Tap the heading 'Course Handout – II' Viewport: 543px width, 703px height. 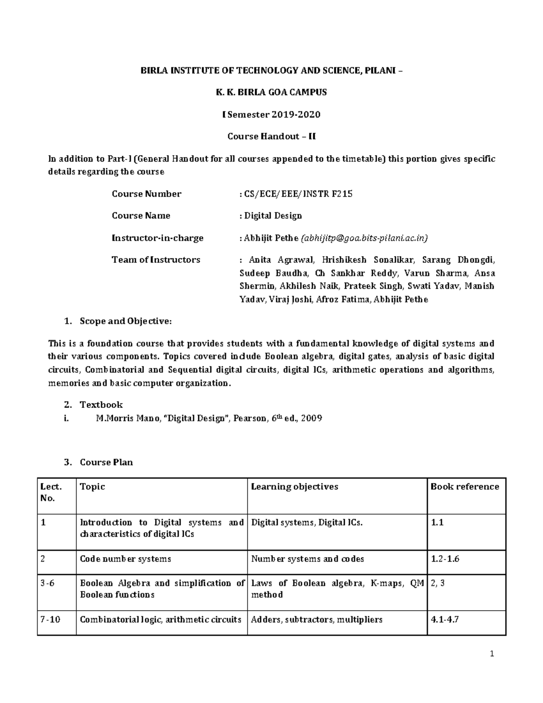(271, 136)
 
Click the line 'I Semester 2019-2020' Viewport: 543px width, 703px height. (271, 115)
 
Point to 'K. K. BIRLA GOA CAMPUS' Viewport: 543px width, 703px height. (271, 92)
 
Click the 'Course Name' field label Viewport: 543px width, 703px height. (141, 216)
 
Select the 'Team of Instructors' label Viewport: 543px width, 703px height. (156, 260)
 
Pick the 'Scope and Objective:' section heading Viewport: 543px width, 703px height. (125, 321)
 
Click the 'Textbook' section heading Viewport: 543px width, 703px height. (101, 405)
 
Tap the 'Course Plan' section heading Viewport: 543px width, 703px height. (106, 462)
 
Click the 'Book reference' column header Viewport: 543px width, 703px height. (465, 487)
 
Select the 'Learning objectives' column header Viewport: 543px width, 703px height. (295, 487)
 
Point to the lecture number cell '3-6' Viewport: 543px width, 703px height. (47, 583)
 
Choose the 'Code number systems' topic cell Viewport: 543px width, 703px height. (125, 559)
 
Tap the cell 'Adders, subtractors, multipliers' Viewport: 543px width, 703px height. (317, 619)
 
